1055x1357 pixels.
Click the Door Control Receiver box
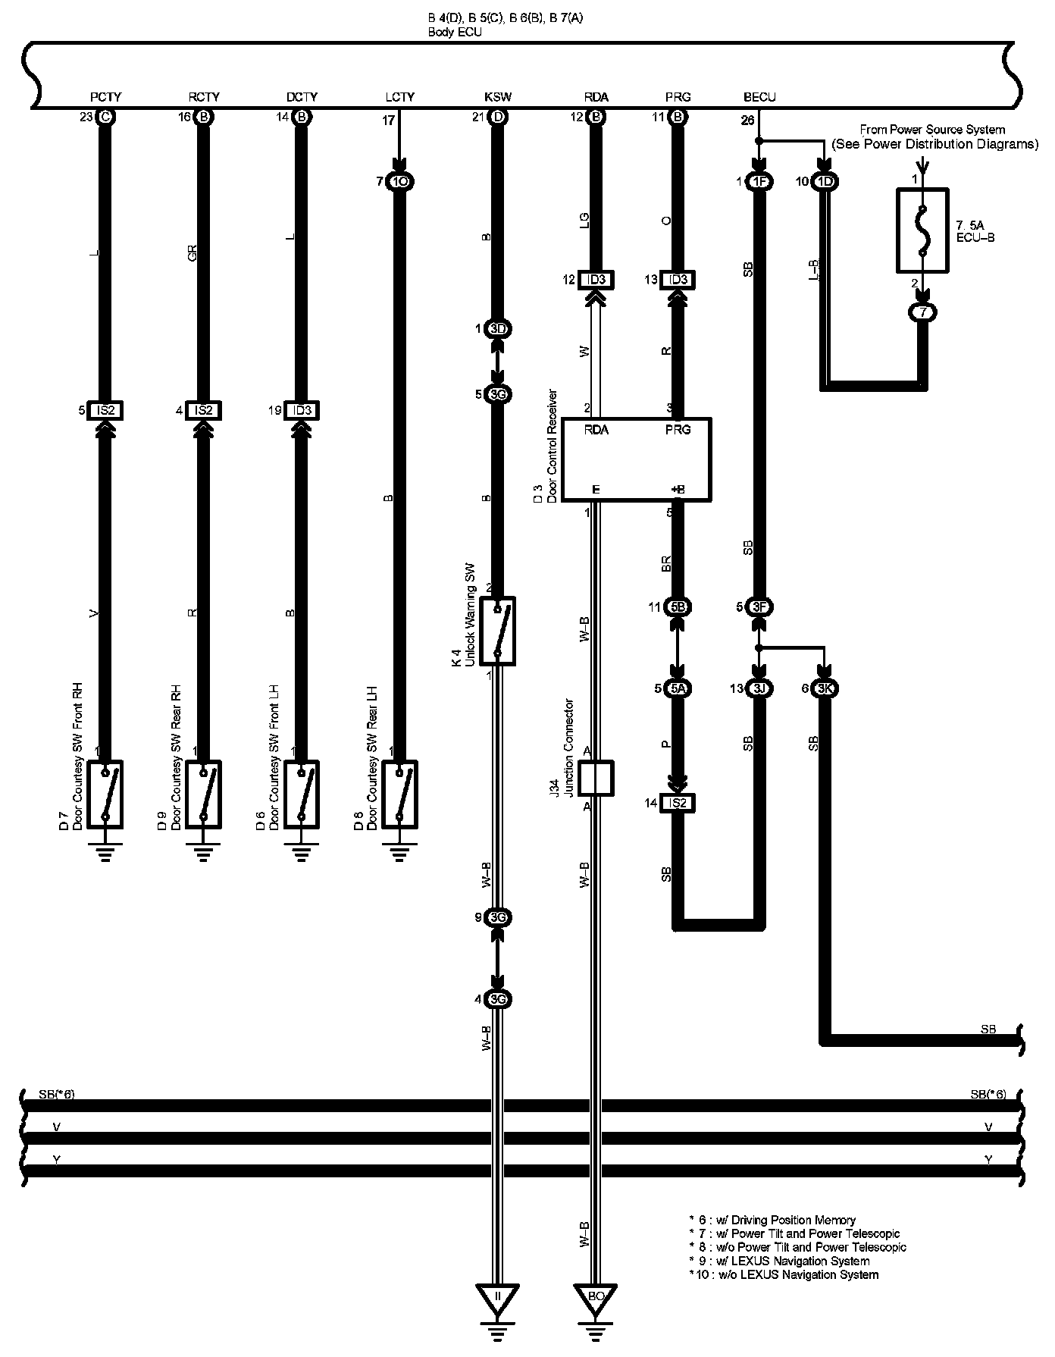pyautogui.click(x=637, y=459)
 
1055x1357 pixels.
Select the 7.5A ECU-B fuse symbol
pyautogui.click(x=922, y=230)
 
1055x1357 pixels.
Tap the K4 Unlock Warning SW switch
pyautogui.click(x=498, y=631)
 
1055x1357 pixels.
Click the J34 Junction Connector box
pyautogui.click(x=596, y=778)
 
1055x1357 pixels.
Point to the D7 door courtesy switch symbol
pyautogui.click(x=105, y=794)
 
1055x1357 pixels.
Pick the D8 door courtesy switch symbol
pyautogui.click(x=399, y=794)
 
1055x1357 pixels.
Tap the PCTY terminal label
pyautogui.click(x=105, y=97)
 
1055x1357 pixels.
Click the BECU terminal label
pyautogui.click(x=759, y=97)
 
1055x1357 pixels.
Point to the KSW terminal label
pyautogui.click(x=498, y=97)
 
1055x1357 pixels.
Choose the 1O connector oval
pyautogui.click(x=399, y=182)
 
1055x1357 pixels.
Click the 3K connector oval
pyautogui.click(x=825, y=688)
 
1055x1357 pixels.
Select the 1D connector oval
pyautogui.click(x=825, y=182)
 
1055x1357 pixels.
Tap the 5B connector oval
pyautogui.click(x=678, y=606)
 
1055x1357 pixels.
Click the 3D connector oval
pyautogui.click(x=498, y=329)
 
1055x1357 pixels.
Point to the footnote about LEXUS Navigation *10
pyautogui.click(x=784, y=1274)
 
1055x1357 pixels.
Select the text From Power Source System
pyautogui.click(x=932, y=130)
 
